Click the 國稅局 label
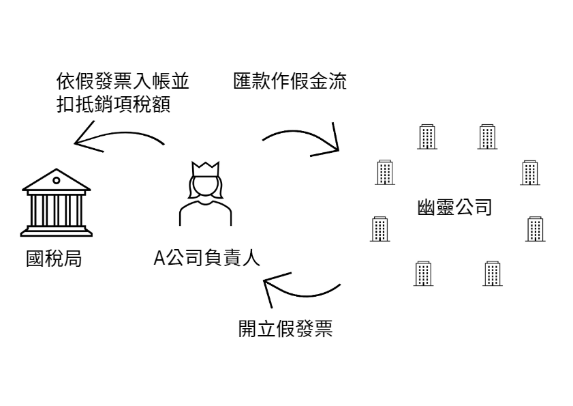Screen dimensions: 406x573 coord(54,260)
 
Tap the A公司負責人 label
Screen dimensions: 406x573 coord(206,259)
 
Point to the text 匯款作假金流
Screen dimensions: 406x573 coord(290,83)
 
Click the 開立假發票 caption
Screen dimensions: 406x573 coord(285,330)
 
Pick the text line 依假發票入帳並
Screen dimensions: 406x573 coord(123,83)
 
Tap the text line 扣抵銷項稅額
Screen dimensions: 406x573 coord(113,104)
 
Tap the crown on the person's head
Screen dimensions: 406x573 coord(205,166)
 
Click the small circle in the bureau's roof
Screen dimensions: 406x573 coord(56,181)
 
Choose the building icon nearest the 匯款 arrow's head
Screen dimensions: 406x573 coord(385,172)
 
